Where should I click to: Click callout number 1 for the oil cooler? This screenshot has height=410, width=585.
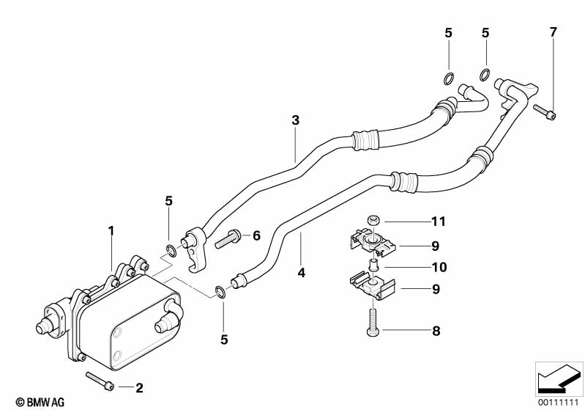(x=111, y=230)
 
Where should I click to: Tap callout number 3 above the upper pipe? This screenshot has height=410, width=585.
(x=295, y=120)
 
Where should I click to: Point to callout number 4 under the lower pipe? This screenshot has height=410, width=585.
(x=301, y=273)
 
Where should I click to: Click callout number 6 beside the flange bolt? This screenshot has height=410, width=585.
(x=256, y=235)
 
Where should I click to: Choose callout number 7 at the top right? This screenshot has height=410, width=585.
(x=553, y=32)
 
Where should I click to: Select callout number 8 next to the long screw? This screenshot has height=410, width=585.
(x=436, y=332)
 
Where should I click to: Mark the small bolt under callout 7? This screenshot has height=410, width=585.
(x=545, y=111)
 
